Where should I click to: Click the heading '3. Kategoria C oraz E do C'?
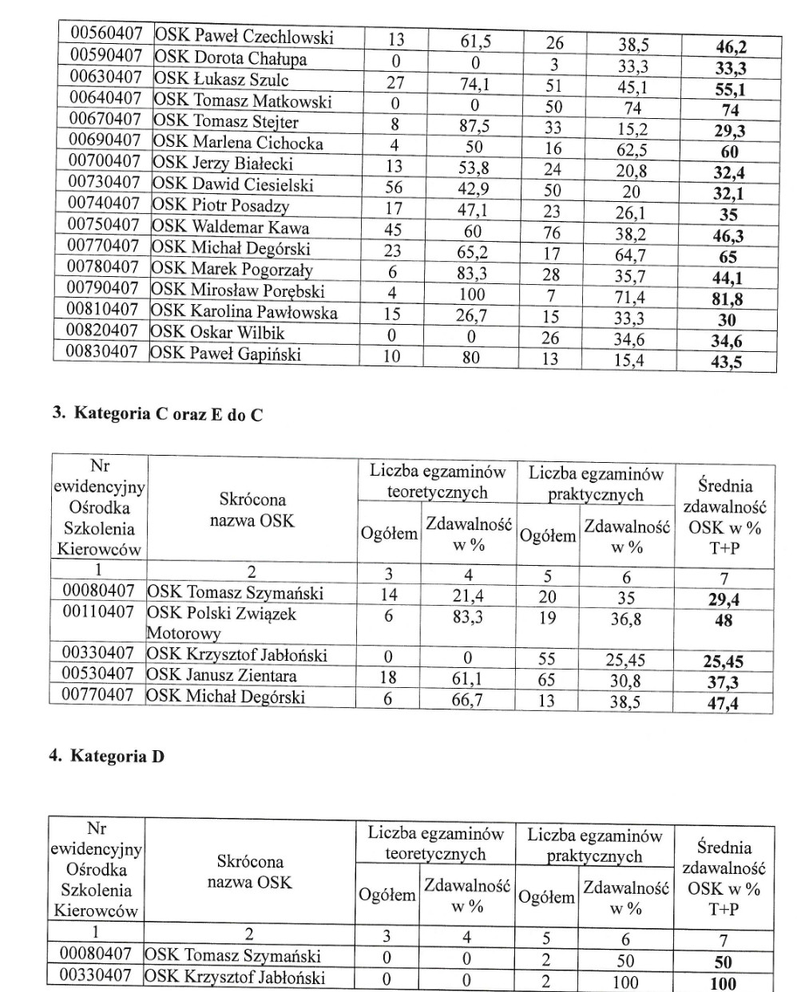pos(157,413)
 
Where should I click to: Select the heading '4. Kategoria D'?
pos(107,756)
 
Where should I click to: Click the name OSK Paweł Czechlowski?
pos(244,37)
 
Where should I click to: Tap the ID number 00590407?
pos(106,56)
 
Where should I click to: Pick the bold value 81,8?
pos(727,299)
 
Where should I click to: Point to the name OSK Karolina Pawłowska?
pos(244,312)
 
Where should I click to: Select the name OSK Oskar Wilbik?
pos(217,333)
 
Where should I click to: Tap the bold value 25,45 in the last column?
pos(723,662)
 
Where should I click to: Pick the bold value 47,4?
pos(723,703)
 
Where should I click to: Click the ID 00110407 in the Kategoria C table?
pos(97,613)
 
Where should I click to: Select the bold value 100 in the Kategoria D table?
pos(723,983)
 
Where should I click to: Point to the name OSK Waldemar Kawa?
pos(230,227)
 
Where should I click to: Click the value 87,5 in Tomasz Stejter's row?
pos(474,125)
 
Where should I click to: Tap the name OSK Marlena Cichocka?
pos(238,143)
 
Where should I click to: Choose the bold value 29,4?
pos(724,599)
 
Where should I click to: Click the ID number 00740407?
pos(104,204)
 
